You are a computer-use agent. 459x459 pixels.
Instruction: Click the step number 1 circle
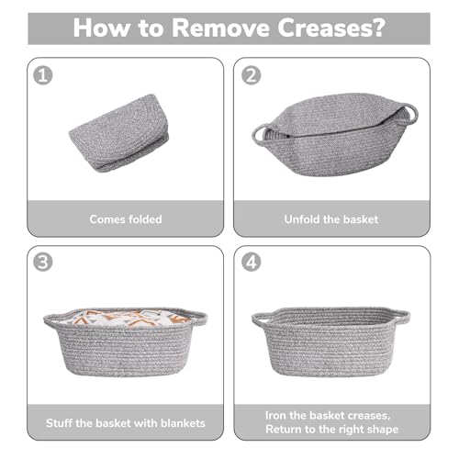point(42,75)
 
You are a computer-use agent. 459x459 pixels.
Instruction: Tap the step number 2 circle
point(251,75)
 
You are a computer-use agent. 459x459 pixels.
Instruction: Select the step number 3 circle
point(42,262)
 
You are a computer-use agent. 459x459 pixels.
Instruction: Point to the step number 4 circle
point(251,262)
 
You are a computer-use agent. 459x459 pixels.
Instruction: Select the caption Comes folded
point(126,219)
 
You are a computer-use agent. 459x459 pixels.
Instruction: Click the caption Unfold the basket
point(331,219)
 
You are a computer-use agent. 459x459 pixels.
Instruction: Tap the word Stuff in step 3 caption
point(63,424)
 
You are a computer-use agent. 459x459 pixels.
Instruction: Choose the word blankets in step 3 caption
point(179,424)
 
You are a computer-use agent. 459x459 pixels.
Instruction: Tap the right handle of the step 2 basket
point(409,114)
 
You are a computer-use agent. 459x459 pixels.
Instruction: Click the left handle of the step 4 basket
point(261,319)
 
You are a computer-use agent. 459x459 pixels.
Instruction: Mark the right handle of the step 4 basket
point(401,319)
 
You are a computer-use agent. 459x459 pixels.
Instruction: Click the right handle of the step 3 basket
point(198,319)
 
